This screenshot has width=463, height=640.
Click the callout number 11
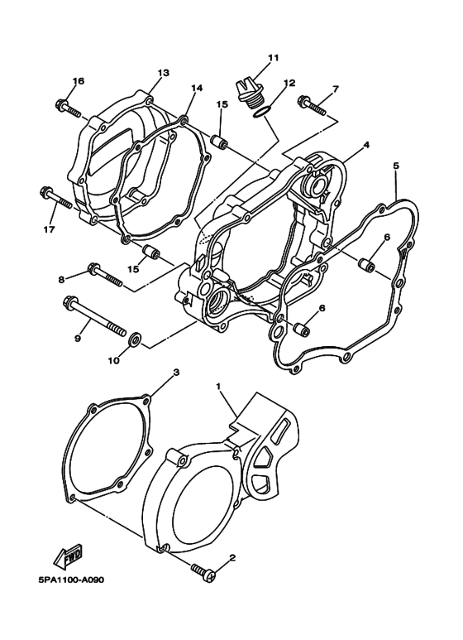click(273, 57)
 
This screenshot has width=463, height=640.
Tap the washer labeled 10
click(135, 339)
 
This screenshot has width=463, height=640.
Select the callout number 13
click(163, 73)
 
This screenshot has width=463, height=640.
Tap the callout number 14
click(196, 88)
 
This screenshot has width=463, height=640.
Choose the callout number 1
click(218, 387)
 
